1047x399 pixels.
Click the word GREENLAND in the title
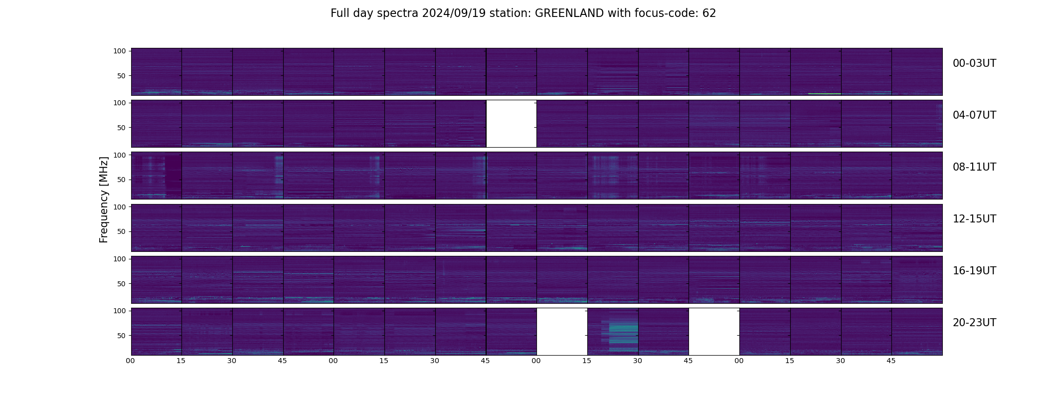tap(569, 13)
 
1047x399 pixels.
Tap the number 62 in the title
tap(709, 13)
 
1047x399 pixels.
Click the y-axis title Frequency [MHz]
tap(104, 199)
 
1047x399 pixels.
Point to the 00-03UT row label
tap(974, 63)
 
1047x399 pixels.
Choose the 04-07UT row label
tap(974, 115)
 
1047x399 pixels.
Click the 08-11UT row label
tap(974, 167)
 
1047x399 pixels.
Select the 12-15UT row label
tap(974, 219)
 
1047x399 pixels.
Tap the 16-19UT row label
tap(974, 271)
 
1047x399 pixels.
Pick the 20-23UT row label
tap(974, 323)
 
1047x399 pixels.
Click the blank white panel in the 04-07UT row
tap(511, 124)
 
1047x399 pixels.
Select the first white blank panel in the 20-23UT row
tap(562, 332)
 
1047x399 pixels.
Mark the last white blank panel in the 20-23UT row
tap(714, 332)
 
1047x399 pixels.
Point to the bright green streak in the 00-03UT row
tap(824, 94)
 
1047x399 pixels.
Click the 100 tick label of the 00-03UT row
tap(120, 51)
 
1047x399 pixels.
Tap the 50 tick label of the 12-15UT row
tap(121, 231)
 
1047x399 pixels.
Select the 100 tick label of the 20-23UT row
tap(120, 311)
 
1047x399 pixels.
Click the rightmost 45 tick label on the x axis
tap(891, 361)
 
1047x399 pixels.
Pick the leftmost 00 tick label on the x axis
tap(130, 361)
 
